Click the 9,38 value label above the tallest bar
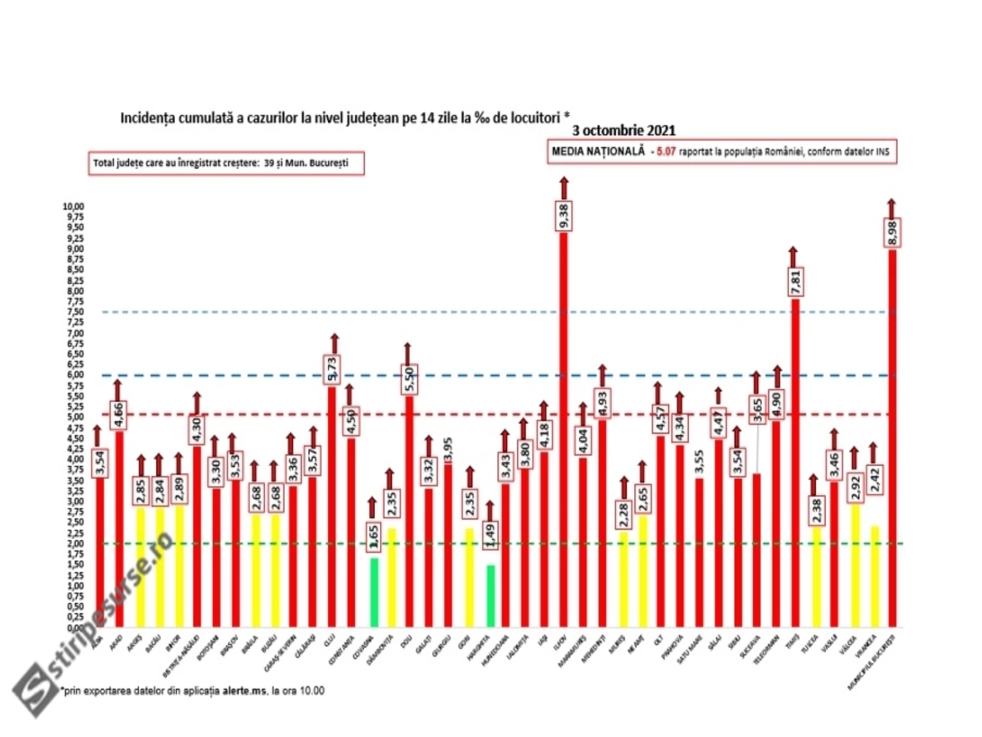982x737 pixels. (564, 216)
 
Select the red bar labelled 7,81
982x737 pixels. (794, 461)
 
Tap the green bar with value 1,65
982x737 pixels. (374, 592)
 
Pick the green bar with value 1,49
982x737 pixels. (490, 595)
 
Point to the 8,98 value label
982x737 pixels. (892, 233)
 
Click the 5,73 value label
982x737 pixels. (333, 370)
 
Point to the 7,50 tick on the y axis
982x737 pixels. (75, 312)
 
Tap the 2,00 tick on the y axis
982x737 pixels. (75, 544)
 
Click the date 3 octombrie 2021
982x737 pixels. (624, 131)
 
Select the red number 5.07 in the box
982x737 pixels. (666, 151)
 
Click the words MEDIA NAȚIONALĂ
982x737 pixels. (598, 151)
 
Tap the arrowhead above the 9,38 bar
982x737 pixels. (564, 181)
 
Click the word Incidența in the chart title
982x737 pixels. (148, 118)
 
